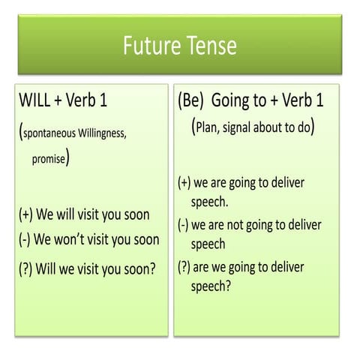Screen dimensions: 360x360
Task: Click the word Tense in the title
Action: point(211,46)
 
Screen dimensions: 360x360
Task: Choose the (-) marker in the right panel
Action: point(183,225)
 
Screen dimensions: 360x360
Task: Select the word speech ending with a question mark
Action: point(211,286)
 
